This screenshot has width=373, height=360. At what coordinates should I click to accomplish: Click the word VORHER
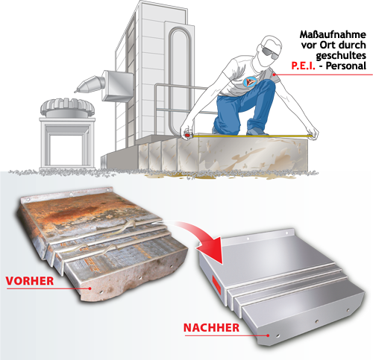[30, 281]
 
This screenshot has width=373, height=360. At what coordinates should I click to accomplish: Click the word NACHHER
[211, 328]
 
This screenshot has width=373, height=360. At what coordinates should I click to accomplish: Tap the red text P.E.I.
[303, 66]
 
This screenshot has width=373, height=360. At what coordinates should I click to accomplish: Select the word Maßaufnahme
[333, 34]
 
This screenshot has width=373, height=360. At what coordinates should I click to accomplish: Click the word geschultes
[341, 56]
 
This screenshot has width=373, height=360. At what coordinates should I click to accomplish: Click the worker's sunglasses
[270, 53]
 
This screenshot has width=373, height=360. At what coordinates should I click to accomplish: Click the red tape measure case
[186, 134]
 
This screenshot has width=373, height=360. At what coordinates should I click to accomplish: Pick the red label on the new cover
[216, 284]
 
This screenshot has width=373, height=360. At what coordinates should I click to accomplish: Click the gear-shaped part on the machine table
[68, 107]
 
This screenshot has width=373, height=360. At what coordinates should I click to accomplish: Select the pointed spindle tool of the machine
[90, 84]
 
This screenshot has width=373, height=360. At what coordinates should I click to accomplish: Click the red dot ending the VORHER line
[90, 288]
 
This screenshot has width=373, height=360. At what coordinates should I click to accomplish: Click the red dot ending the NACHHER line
[268, 335]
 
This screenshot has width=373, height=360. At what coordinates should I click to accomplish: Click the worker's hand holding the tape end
[313, 133]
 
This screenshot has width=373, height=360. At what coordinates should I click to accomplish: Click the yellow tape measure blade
[251, 136]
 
